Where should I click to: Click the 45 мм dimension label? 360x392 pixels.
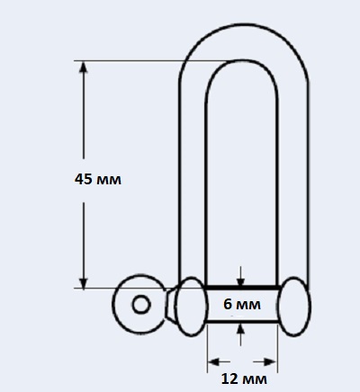(x=98, y=179)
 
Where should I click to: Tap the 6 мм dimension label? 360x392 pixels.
(x=242, y=304)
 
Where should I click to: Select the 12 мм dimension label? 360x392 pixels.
(x=244, y=379)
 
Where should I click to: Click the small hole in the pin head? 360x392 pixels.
(x=141, y=305)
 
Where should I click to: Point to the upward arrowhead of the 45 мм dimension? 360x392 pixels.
(x=84, y=67)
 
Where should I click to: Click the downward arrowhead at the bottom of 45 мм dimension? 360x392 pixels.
(x=84, y=283)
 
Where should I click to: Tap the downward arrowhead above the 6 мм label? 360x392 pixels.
(x=240, y=282)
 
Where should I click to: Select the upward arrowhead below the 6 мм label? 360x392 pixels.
(x=240, y=329)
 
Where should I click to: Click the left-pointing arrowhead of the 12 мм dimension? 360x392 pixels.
(x=213, y=362)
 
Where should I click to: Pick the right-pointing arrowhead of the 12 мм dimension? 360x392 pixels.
(x=270, y=362)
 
